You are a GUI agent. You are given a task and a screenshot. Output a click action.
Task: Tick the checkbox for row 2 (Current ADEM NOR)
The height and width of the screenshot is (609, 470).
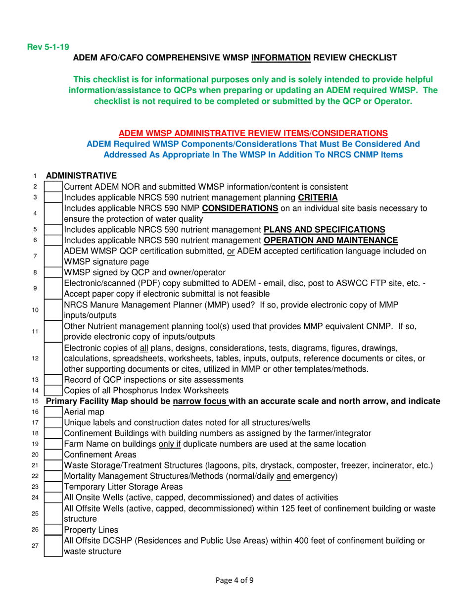coord(53,187)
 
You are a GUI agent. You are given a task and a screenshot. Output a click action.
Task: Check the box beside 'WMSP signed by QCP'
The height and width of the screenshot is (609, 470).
coord(53,272)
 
